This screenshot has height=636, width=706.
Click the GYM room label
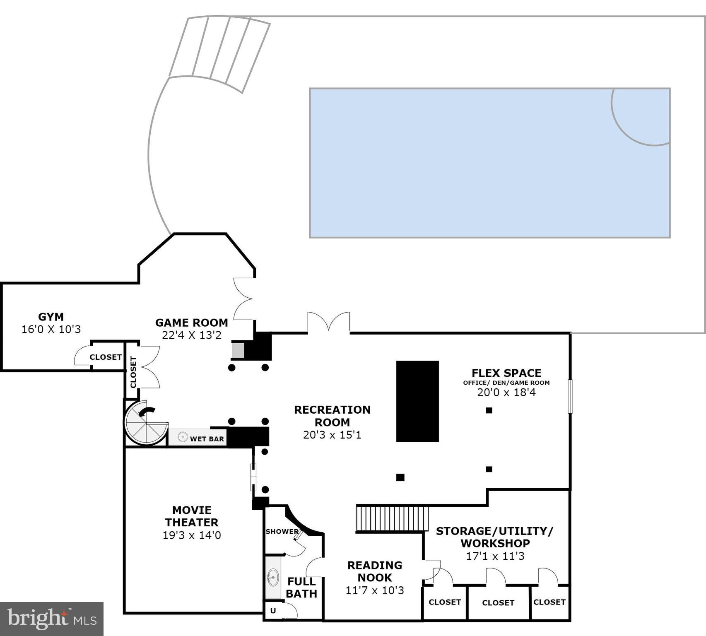[51, 317]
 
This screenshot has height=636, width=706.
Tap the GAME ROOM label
[192, 323]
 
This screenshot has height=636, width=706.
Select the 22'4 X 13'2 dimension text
[192, 335]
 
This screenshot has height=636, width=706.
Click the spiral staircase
[146, 422]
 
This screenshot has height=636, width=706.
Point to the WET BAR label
[207, 439]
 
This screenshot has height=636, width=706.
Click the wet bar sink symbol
[183, 437]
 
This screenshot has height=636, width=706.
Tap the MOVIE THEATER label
[192, 516]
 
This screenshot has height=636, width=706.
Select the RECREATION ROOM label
[332, 416]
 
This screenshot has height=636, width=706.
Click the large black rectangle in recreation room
[417, 401]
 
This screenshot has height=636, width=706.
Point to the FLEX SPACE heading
[506, 373]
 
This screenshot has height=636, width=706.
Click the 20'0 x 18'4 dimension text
[506, 392]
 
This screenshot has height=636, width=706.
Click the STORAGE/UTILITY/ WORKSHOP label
[495, 537]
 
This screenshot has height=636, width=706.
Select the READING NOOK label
[375, 571]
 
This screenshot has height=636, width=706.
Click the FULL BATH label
[301, 588]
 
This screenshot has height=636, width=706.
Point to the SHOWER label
[282, 532]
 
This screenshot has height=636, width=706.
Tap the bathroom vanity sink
[273, 577]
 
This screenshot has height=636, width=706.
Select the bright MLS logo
[52, 619]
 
